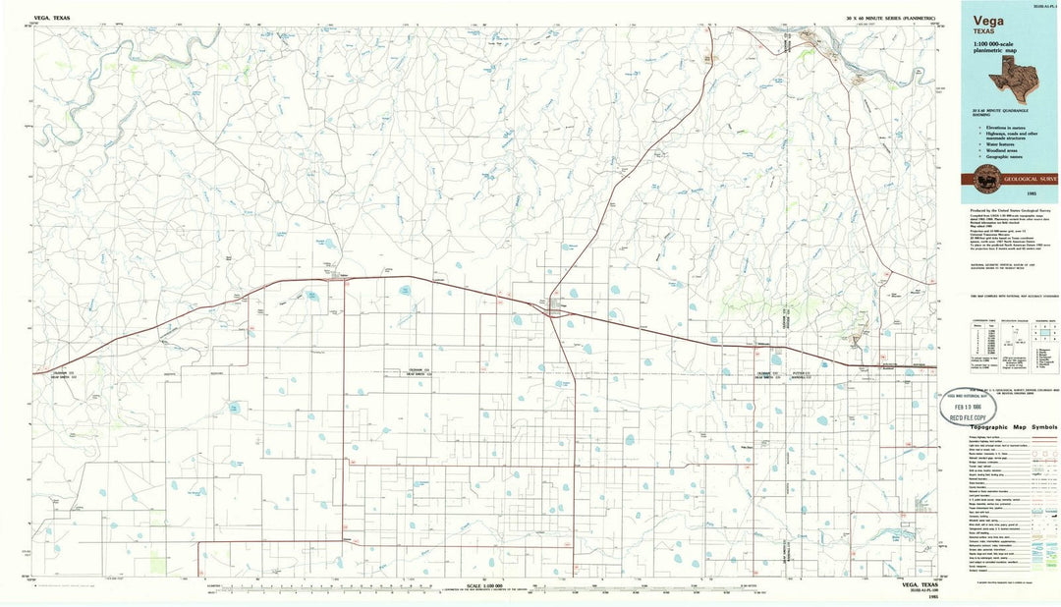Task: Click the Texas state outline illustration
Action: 1030,77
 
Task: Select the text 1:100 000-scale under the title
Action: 996,47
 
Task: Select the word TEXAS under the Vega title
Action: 985,31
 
